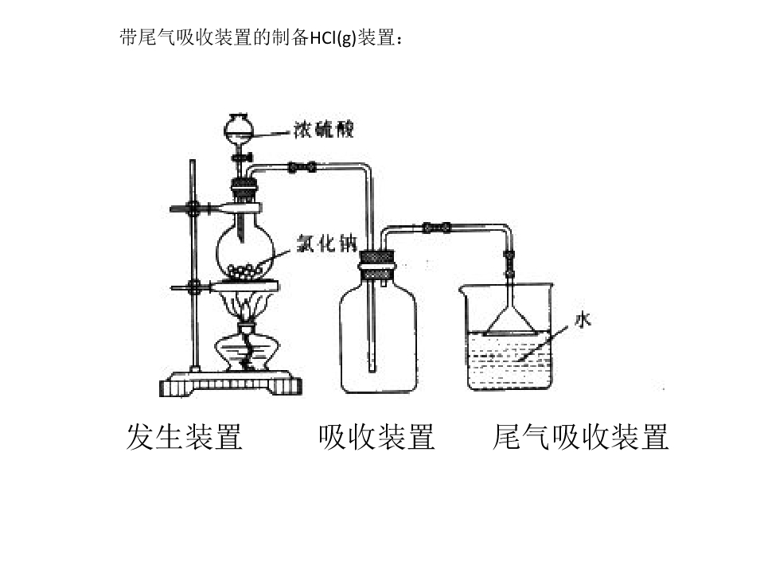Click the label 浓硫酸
[323, 130]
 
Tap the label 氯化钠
[327, 244]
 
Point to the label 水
[583, 320]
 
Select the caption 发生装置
[184, 436]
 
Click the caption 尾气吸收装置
[580, 436]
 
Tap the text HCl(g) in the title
[333, 37]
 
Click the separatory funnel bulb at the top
[239, 127]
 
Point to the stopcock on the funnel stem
[242, 158]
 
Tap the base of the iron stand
[231, 383]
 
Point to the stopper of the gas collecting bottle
[376, 266]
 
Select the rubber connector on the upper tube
[302, 168]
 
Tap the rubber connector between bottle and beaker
[436, 228]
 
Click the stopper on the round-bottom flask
[244, 189]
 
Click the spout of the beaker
[462, 290]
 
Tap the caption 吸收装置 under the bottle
[376, 436]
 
